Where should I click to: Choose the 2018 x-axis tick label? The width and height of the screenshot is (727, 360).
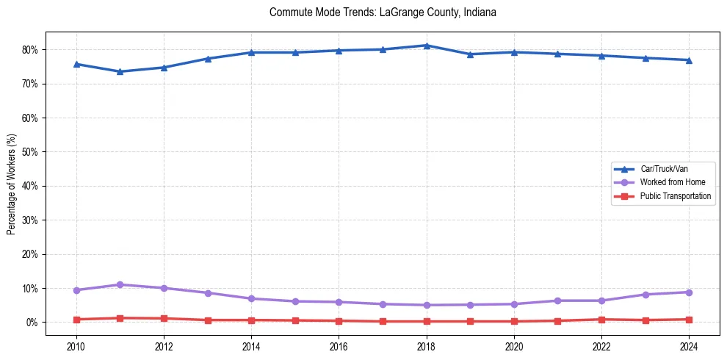[427, 345]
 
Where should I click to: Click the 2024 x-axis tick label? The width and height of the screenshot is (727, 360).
[689, 345]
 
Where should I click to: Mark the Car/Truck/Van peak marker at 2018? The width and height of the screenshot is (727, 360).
[427, 46]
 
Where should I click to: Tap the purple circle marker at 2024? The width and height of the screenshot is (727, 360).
[689, 292]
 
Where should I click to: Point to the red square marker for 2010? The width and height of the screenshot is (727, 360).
[76, 320]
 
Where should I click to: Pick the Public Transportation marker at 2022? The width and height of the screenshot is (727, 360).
[601, 320]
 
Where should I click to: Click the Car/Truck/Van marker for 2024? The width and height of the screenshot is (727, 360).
[689, 60]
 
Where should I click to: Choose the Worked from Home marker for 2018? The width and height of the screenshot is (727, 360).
[427, 305]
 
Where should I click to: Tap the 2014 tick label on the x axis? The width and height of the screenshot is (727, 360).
[251, 345]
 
